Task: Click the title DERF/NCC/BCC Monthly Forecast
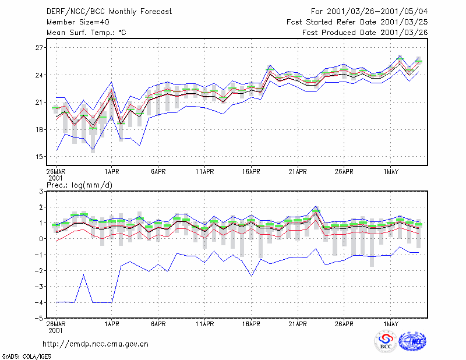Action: pos(109,12)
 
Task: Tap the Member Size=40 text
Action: pos(78,22)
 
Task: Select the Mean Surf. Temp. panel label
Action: pos(86,33)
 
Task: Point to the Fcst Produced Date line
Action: pos(365,33)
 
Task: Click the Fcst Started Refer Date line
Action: pos(357,22)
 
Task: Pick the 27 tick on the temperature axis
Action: pos(39,48)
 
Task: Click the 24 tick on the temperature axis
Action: pos(39,75)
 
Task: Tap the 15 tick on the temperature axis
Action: pos(39,157)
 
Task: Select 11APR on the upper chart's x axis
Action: pos(205,172)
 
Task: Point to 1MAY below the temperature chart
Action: pos(390,172)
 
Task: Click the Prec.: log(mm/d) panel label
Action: pos(79,185)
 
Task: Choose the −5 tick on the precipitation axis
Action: pos(38,318)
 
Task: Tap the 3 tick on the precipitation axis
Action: pos(41,191)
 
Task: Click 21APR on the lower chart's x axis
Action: pos(298,324)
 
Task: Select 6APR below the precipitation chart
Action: pos(158,324)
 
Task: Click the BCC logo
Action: pos(386,341)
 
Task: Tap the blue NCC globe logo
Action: pos(412,341)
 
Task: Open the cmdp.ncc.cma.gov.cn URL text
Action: pos(96,344)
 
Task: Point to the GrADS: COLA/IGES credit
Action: pos(27,357)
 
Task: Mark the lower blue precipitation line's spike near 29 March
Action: pos(84,274)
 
